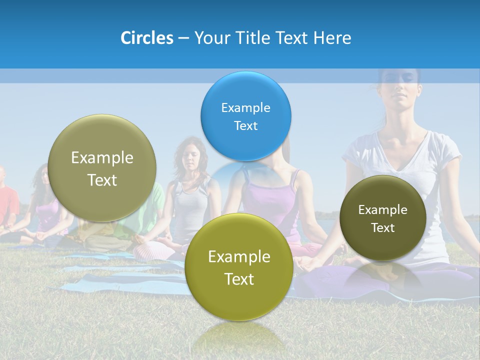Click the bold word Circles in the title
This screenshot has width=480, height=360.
147,38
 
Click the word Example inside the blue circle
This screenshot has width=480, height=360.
245,108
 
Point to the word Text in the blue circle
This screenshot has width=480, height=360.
245,126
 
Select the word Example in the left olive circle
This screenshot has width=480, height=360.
102,158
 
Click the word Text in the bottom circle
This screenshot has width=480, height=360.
239,279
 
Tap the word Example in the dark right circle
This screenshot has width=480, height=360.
383,210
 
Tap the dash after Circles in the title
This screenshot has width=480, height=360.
183,38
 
